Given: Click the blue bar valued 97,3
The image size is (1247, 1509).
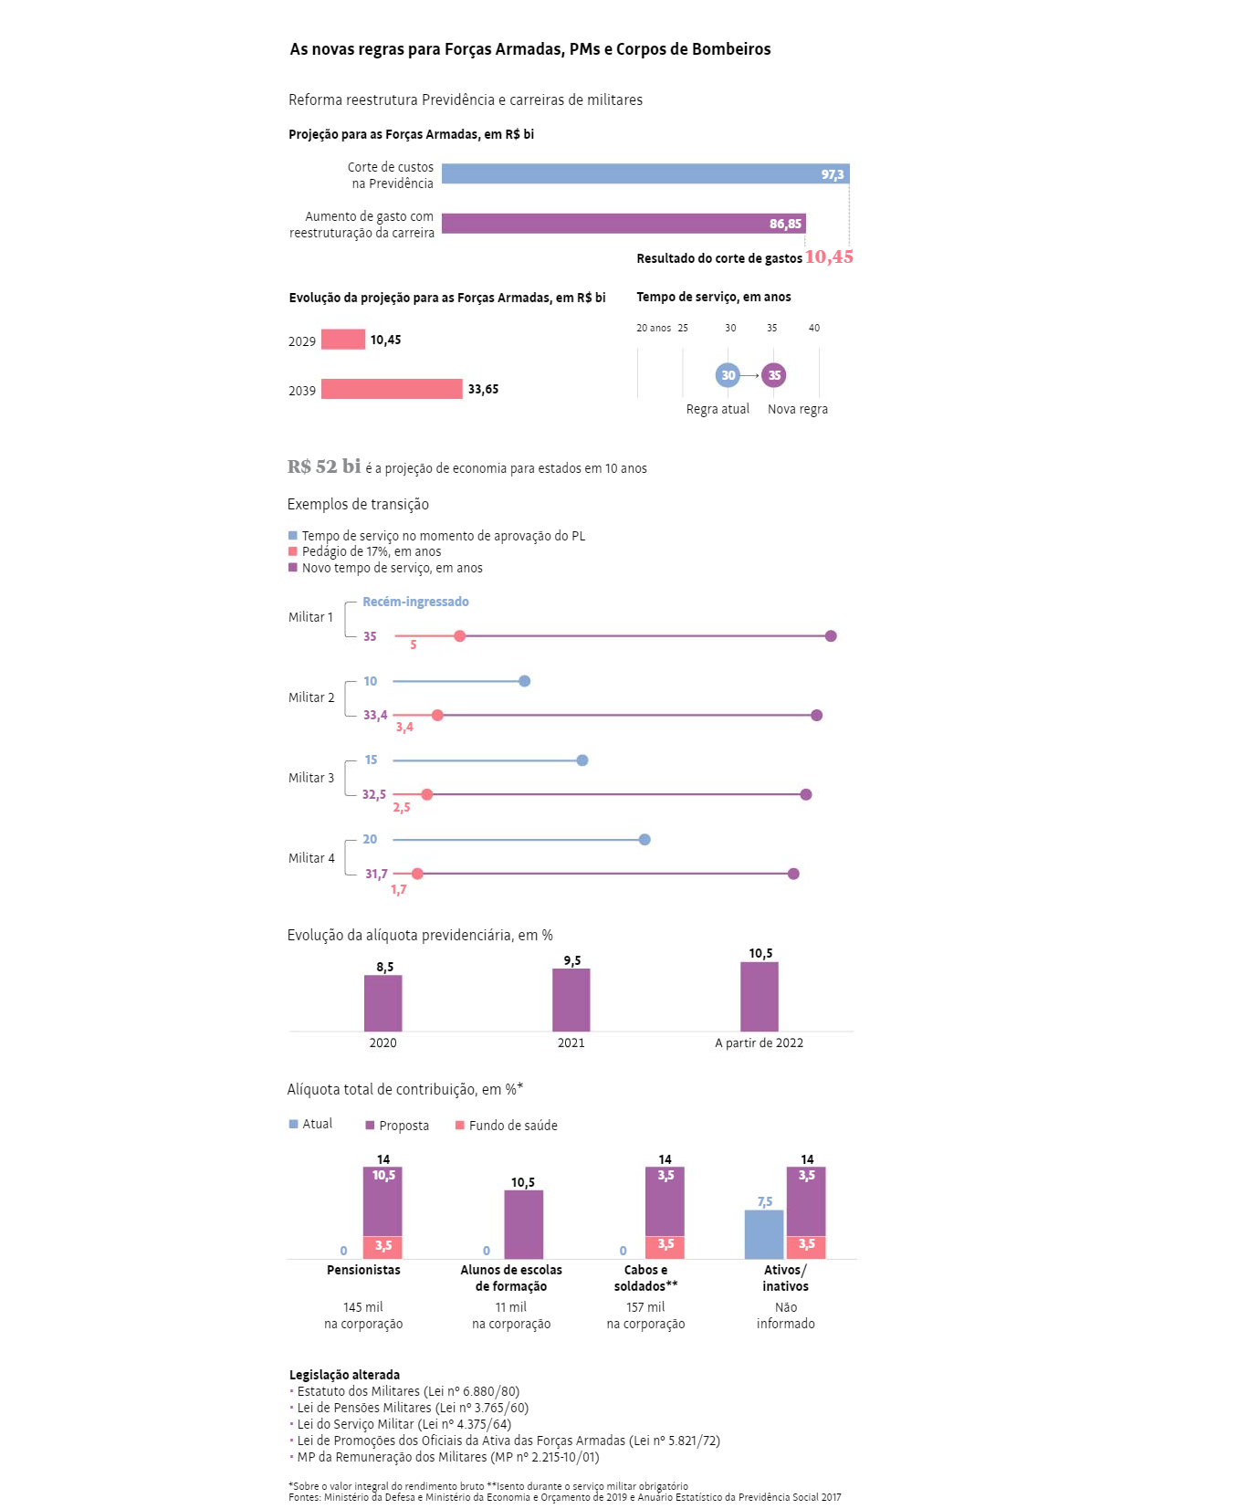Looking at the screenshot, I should (x=644, y=173).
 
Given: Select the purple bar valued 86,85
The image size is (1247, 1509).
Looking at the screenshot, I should (x=623, y=224).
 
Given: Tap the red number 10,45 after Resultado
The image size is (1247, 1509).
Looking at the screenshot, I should (x=829, y=257).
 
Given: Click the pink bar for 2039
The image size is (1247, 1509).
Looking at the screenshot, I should (x=392, y=389).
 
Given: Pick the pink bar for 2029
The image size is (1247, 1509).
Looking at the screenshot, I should (x=343, y=340).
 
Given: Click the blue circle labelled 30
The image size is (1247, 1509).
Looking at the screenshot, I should (x=728, y=375).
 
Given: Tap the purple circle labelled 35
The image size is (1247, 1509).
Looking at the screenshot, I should (x=774, y=375).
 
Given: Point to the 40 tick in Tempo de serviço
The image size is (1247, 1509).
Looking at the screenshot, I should (x=814, y=328).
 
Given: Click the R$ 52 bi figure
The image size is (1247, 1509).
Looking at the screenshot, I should (x=324, y=466).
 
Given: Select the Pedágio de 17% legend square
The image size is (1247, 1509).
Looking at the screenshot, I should (x=293, y=551).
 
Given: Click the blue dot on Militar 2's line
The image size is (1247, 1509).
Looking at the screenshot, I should (x=524, y=681).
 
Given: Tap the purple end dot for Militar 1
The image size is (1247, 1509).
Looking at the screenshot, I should (x=831, y=636).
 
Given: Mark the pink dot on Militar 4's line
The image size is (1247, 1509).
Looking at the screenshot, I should (x=417, y=874).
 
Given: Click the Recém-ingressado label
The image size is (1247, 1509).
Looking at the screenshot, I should (x=415, y=602).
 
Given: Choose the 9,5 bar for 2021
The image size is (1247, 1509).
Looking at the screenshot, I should (x=571, y=1000).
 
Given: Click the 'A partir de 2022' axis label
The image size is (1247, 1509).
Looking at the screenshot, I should (x=759, y=1043).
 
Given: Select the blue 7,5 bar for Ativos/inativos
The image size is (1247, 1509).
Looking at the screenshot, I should (x=764, y=1234).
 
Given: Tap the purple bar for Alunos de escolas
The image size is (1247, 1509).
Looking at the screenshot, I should (x=523, y=1224).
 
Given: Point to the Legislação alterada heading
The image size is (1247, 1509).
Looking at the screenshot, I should (x=344, y=1375).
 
